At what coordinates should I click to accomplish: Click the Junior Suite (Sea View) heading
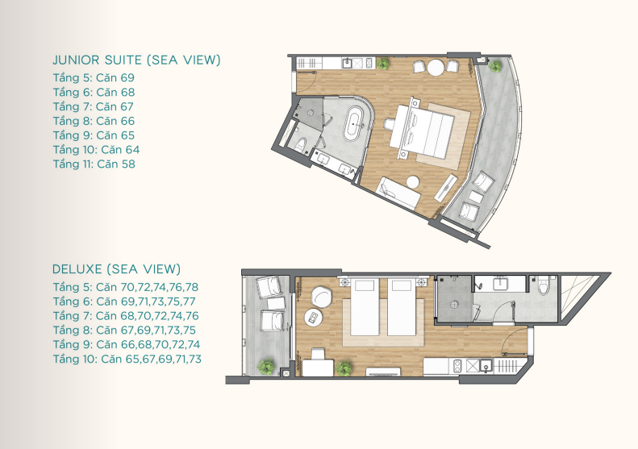tap(137, 60)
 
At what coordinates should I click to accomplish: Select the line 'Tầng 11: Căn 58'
tap(94, 164)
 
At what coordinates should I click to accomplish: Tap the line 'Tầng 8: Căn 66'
tap(94, 121)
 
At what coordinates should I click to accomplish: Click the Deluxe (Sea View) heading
tap(116, 269)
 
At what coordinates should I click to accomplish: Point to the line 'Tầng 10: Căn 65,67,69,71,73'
tap(127, 359)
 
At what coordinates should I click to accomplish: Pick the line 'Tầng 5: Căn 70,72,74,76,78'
tap(126, 287)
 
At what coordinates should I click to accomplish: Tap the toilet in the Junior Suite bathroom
tap(299, 144)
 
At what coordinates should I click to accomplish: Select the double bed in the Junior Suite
tap(421, 130)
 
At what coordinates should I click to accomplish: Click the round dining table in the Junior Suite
tap(436, 68)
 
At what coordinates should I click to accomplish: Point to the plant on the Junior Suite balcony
tap(495, 65)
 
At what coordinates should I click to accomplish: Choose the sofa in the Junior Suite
tap(398, 193)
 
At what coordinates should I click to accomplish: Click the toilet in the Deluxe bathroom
tap(544, 285)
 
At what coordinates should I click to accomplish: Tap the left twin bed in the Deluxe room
tap(365, 306)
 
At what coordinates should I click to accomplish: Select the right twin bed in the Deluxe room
tap(401, 306)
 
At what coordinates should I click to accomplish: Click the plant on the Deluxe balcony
tap(266, 367)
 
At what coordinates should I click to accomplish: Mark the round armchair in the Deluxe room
tap(322, 297)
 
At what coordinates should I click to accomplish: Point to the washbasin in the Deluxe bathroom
tap(500, 283)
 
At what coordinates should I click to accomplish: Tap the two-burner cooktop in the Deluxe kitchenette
tap(457, 366)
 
